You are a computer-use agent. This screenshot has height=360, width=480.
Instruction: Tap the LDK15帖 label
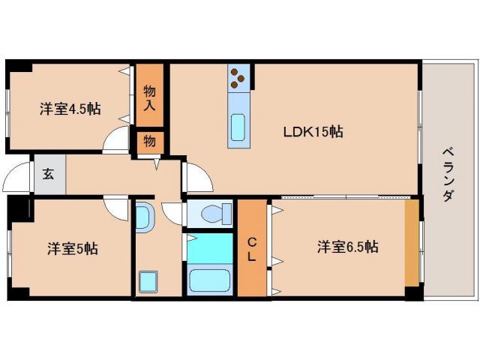pyautogui.click(x=313, y=131)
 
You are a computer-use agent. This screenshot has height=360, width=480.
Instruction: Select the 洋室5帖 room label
pyautogui.click(x=73, y=247)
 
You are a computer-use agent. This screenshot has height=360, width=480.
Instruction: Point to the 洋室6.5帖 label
pyautogui.click(x=346, y=246)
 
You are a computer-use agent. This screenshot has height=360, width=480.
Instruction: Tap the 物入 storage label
pyautogui.click(x=150, y=96)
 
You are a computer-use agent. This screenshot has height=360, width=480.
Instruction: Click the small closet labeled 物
pyautogui.click(x=149, y=141)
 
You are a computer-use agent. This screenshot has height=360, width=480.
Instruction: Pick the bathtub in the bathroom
pyautogui.click(x=211, y=282)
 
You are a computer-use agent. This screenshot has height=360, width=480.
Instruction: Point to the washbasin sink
pyautogui.click(x=145, y=217)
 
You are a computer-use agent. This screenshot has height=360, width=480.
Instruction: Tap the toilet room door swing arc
pyautogui.click(x=172, y=214)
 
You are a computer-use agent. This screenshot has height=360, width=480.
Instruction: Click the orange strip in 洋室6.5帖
pyautogui.click(x=412, y=242)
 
